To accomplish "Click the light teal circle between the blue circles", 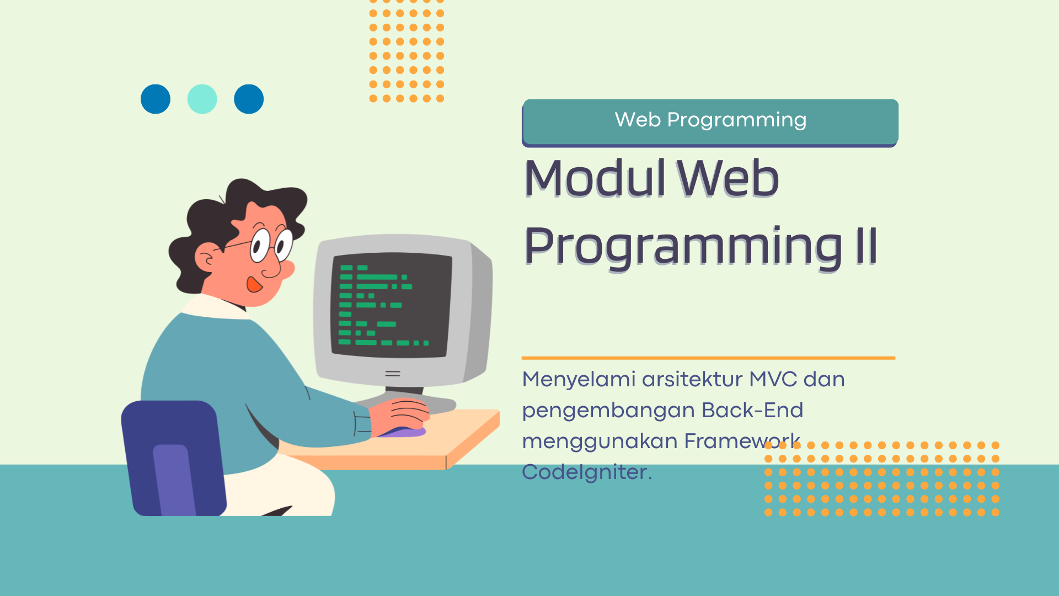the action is [202, 99].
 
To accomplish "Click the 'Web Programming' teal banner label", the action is [710, 120].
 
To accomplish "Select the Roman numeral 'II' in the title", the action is [866, 246].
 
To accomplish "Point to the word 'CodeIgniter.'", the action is [587, 472].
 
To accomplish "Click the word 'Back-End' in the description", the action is [752, 411].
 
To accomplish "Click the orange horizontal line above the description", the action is [708, 358].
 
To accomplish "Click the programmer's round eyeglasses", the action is [270, 244].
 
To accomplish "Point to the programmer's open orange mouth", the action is [254, 284].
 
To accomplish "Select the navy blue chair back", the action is [173, 458].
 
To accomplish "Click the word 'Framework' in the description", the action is [742, 441].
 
